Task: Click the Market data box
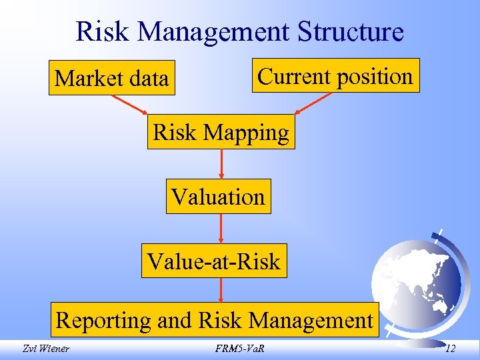[x=111, y=79]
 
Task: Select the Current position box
[x=335, y=76]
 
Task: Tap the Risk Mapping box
[x=221, y=133]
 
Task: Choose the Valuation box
[x=218, y=197]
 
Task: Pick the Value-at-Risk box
[x=214, y=261]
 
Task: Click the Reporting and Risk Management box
[x=214, y=320]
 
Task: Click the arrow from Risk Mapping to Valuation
[x=221, y=163]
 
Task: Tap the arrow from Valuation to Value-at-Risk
[x=221, y=228]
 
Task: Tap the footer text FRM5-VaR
[x=239, y=347]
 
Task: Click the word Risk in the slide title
[x=100, y=31]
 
